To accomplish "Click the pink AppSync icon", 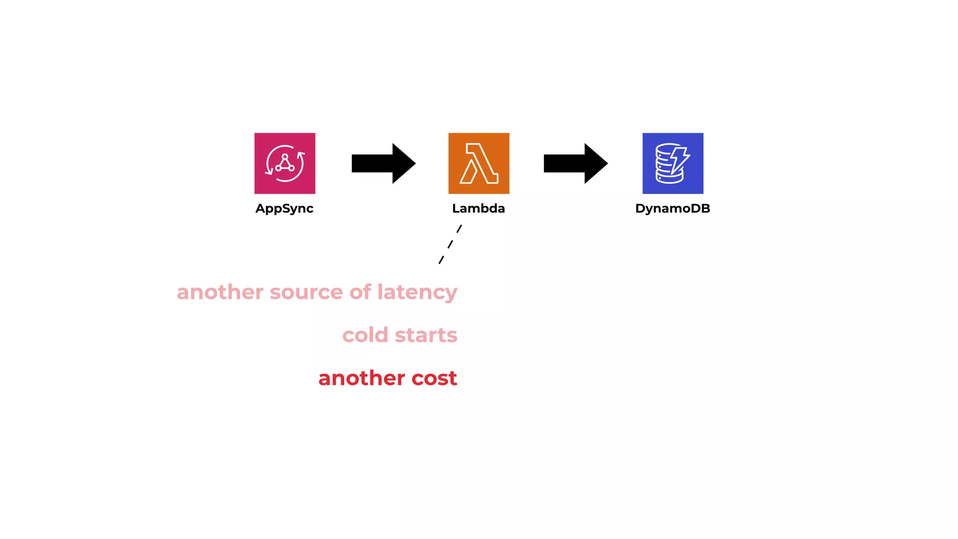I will click(x=284, y=163).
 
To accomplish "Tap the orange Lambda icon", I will click(x=479, y=163).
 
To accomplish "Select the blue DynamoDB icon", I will click(x=673, y=163).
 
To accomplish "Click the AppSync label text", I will click(x=284, y=209).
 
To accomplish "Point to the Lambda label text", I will click(x=479, y=209).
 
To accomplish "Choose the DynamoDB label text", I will click(x=673, y=209).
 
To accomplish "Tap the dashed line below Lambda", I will click(x=450, y=244).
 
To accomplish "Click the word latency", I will click(x=417, y=293).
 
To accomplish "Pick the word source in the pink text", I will click(x=306, y=292).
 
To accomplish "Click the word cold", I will click(x=365, y=335).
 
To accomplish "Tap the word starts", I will click(x=426, y=335).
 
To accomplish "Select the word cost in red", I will click(x=434, y=378).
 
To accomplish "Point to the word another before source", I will click(x=220, y=292).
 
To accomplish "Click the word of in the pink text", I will click(x=360, y=292).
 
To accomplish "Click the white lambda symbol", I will click(x=479, y=163).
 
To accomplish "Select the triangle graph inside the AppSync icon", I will click(x=284, y=163).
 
